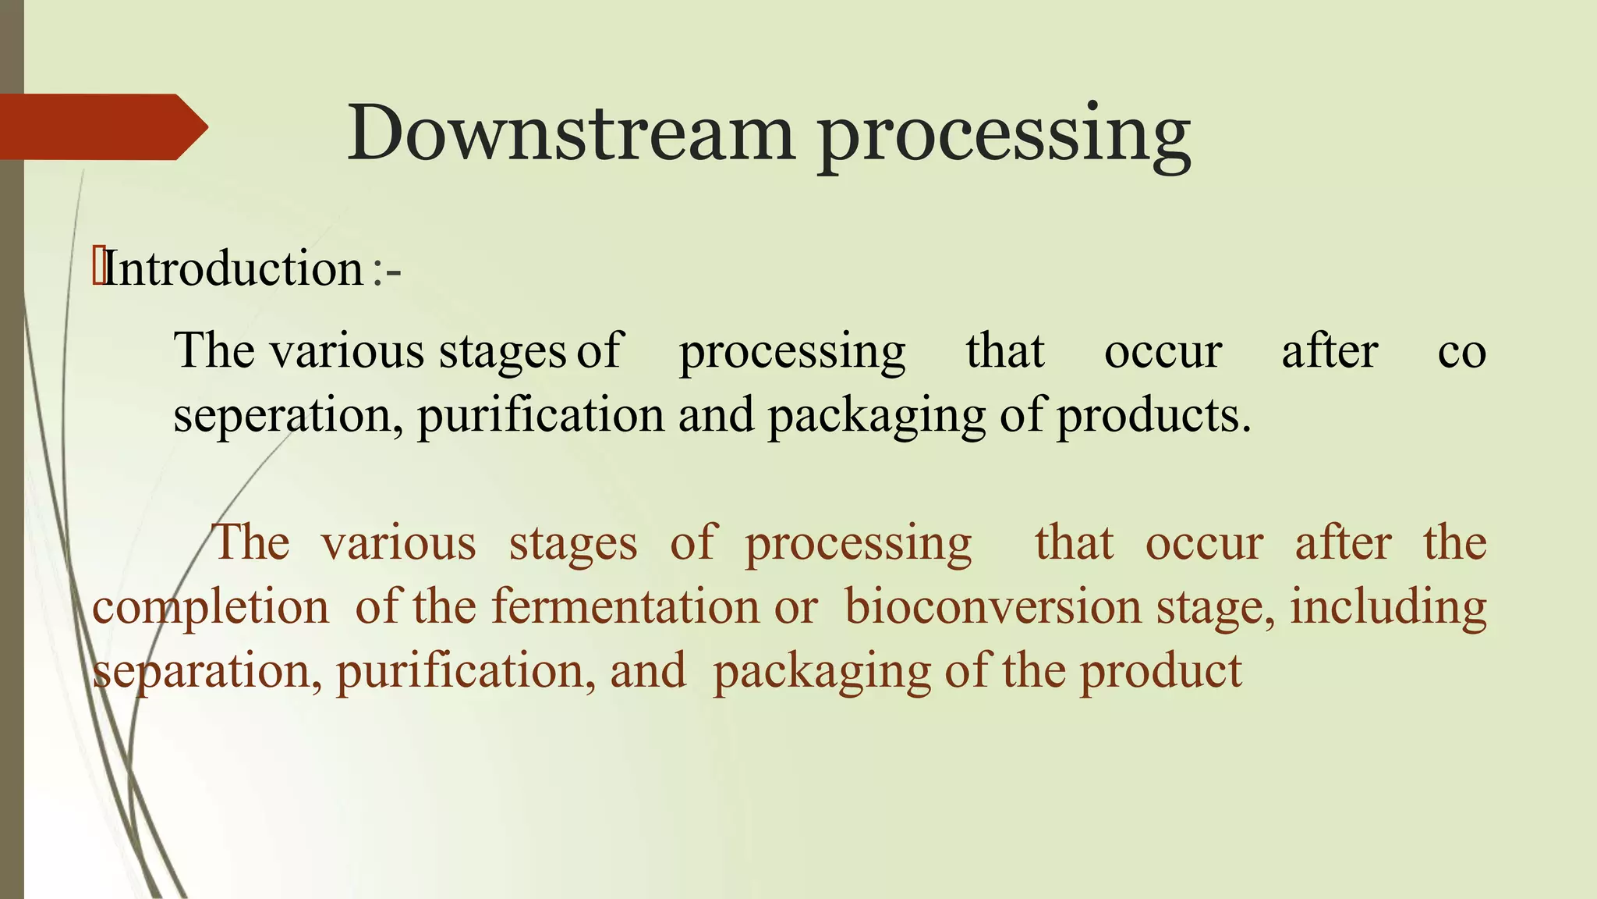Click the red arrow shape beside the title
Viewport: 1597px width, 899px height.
(101, 127)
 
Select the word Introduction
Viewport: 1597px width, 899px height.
(233, 268)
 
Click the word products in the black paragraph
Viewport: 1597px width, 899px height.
(1153, 415)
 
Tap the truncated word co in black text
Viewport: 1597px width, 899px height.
(1461, 351)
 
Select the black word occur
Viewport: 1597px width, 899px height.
(1163, 351)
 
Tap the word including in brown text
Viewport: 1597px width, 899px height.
(1388, 608)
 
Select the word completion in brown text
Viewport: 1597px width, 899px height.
(211, 608)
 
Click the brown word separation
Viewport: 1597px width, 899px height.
(207, 672)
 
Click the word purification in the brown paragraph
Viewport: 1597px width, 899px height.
(460, 671)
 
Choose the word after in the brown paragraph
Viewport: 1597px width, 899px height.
(1343, 542)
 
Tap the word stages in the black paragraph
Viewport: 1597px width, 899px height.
(502, 353)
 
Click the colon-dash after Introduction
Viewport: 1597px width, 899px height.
(387, 271)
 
